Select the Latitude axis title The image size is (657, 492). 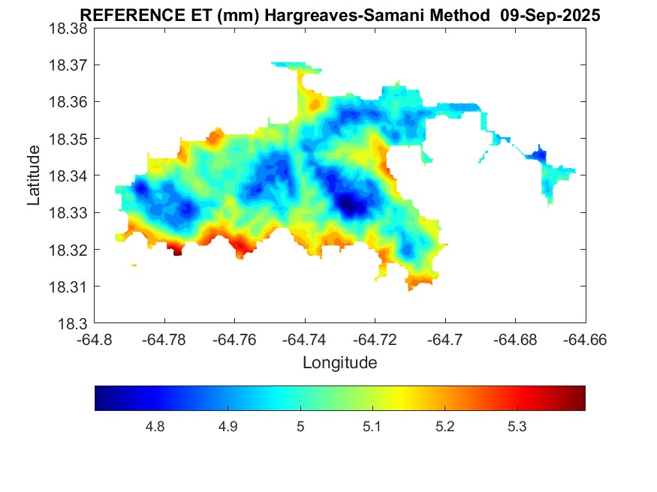coord(34,175)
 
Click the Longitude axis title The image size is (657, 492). coord(339,363)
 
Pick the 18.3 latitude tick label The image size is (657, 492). coord(74,323)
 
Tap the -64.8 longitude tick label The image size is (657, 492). coord(95,340)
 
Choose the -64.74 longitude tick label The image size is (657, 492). coord(304,340)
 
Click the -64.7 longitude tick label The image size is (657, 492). coord(446,340)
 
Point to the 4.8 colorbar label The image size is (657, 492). coord(155,427)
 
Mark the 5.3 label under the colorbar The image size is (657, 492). coord(517,427)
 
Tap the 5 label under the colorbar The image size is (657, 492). coord(300,427)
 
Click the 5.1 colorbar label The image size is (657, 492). coord(372,427)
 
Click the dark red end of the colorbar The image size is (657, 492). coord(580,398)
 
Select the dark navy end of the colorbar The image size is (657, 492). coord(100,398)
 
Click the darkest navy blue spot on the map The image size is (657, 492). coord(348,203)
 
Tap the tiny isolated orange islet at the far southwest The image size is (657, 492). coord(134,265)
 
